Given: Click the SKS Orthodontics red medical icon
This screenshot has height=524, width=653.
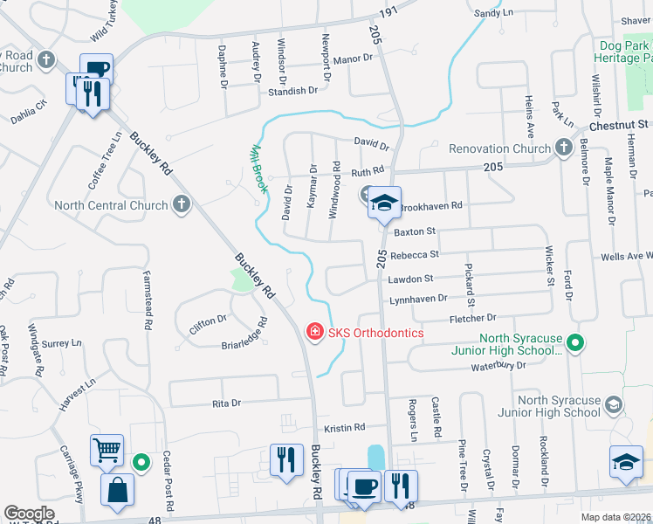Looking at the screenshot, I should (313, 333).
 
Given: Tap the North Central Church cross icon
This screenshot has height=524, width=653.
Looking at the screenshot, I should (181, 206).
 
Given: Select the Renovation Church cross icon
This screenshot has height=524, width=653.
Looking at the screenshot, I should (564, 148).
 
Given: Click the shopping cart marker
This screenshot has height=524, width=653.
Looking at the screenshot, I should (107, 452).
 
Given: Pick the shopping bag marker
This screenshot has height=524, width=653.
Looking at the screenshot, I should (117, 491).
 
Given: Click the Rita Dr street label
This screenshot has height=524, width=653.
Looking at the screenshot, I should (226, 403).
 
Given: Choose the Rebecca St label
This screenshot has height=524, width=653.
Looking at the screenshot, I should (413, 255).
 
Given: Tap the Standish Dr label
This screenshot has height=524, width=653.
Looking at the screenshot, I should (292, 91).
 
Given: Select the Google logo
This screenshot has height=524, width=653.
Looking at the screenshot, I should (29, 514).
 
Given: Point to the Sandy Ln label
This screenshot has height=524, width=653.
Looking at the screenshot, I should (493, 13).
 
